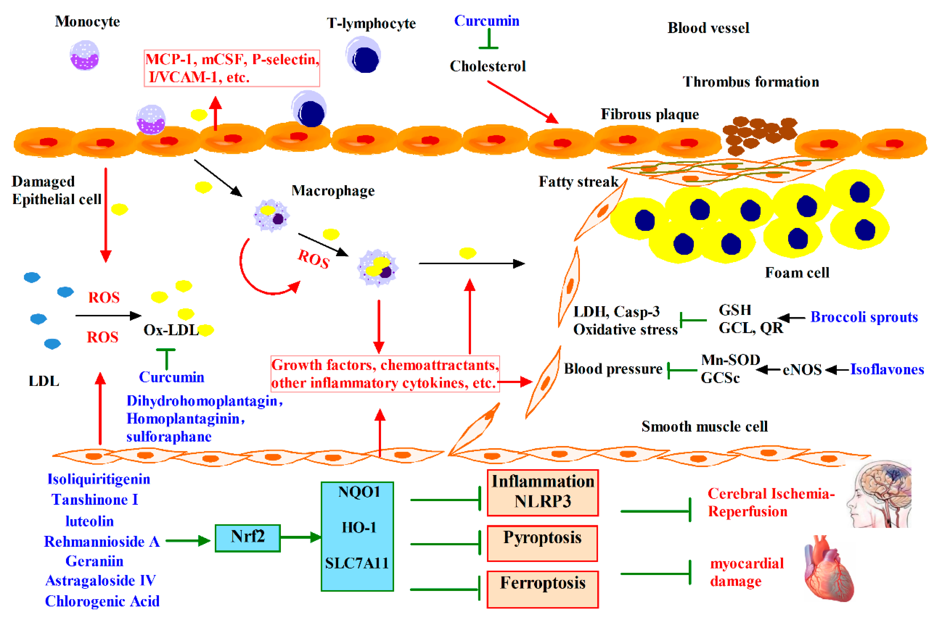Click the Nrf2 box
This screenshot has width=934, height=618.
[248, 538]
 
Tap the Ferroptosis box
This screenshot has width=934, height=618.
[542, 589]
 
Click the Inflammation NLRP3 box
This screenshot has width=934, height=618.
[543, 493]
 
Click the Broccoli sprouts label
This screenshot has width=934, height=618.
[864, 317]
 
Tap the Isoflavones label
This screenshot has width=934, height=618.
[887, 369]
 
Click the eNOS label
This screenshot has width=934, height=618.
[802, 370]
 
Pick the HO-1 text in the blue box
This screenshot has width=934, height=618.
[359, 527]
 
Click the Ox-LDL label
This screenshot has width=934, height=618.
[171, 330]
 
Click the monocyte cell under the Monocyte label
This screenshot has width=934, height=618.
[84, 55]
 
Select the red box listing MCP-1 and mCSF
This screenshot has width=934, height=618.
[232, 68]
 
